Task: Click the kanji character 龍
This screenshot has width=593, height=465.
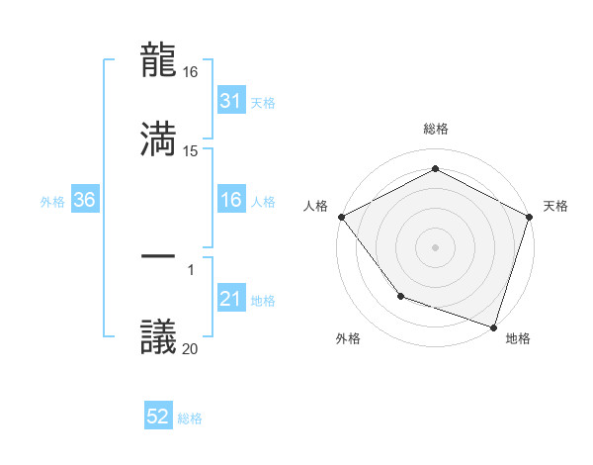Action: click(159, 61)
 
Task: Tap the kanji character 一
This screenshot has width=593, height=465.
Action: click(159, 257)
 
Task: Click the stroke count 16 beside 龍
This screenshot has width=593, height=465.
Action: click(192, 73)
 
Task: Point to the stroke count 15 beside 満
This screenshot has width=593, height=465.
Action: click(192, 150)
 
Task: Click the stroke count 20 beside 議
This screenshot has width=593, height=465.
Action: click(192, 347)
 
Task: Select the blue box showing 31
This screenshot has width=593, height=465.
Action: click(230, 101)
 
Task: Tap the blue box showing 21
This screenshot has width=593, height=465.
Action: click(230, 299)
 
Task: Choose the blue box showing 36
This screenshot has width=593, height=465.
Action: click(85, 200)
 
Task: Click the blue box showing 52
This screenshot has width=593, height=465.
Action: click(158, 418)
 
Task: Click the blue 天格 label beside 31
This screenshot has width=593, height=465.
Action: click(263, 103)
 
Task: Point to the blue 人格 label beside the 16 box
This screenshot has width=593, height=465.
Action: click(263, 202)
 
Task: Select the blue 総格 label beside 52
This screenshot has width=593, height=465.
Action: click(190, 419)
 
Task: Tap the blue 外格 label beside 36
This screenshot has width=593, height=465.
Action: click(52, 202)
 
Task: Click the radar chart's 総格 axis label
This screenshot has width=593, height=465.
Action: click(435, 130)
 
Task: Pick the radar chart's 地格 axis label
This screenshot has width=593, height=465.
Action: click(518, 339)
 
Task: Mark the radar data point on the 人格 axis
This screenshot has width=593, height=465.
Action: click(341, 216)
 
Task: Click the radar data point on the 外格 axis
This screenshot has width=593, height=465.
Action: click(400, 296)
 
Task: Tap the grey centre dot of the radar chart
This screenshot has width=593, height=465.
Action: click(435, 246)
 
